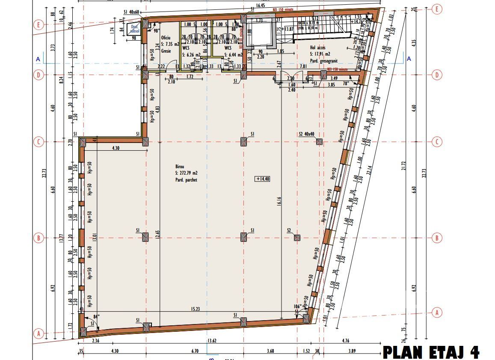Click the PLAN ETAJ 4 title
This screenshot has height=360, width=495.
(x=431, y=352)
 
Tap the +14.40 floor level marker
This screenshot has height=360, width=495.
(x=263, y=179)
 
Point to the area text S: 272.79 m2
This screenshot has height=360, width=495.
(x=186, y=173)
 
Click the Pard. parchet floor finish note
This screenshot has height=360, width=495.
(x=186, y=180)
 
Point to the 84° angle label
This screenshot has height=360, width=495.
(x=96, y=317)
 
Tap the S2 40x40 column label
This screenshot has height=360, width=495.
(x=307, y=134)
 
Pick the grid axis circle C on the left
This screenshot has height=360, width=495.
(x=39, y=142)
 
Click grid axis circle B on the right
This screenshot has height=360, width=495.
(x=437, y=238)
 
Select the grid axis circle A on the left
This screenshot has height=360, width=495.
(x=39, y=333)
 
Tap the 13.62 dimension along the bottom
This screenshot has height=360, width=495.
(x=212, y=341)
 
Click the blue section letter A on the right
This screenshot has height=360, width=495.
(x=409, y=59)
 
